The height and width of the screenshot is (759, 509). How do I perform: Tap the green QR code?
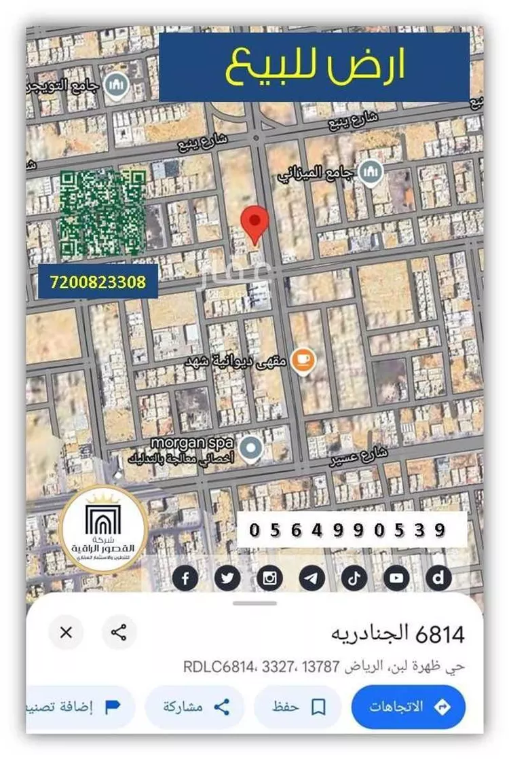coord(102,212)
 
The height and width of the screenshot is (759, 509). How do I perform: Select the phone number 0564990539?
coord(347,530)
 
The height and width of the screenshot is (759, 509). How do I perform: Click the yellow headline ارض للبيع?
coord(314,67)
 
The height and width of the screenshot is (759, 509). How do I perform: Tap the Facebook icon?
coord(185,578)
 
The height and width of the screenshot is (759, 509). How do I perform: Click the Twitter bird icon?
coord(227,578)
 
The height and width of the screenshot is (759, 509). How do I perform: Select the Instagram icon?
coord(270,578)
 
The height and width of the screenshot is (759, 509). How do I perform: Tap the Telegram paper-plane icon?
coord(312,578)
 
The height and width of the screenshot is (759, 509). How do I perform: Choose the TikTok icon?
coord(354,578)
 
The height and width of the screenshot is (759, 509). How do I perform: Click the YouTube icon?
coord(396,578)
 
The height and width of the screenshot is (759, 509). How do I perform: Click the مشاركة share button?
coord(194,707)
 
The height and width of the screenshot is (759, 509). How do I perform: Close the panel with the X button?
coord(66,633)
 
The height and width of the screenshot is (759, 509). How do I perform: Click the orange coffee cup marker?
coord(303,359)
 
